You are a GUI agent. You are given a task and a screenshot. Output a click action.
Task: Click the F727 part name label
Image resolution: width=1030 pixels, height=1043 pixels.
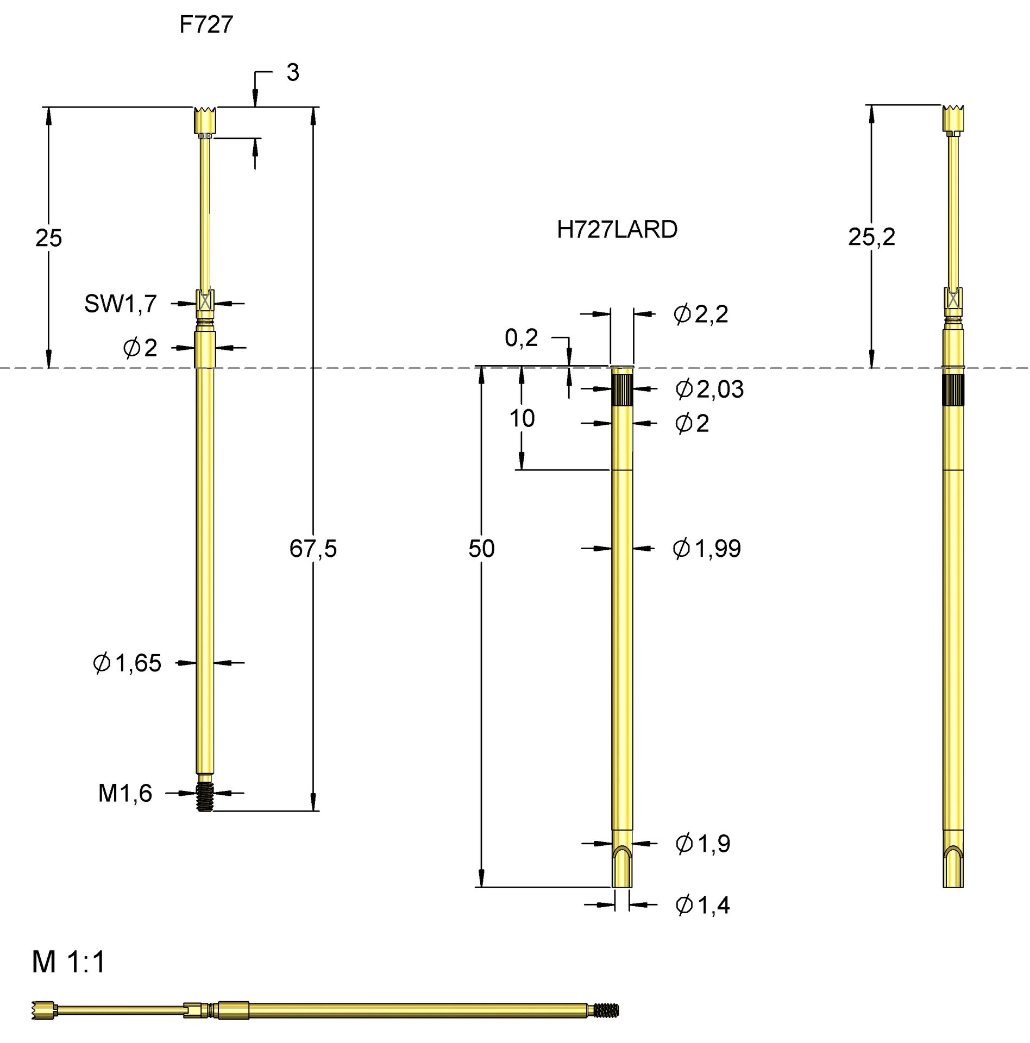tap(206, 25)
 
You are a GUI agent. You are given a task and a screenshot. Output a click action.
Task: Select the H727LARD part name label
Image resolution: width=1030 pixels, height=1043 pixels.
tap(617, 230)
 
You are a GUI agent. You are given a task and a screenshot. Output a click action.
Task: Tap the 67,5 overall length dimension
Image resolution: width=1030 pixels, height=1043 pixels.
tap(313, 549)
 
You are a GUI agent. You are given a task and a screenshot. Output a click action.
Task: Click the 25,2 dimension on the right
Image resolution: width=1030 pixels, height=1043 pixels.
tap(871, 237)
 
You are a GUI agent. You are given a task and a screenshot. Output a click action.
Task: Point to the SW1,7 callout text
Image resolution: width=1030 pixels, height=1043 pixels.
tap(121, 304)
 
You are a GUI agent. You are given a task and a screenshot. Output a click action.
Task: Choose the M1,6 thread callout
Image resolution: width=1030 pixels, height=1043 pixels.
tap(125, 794)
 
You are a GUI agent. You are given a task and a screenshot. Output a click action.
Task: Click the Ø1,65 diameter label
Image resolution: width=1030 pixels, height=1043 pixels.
tap(128, 663)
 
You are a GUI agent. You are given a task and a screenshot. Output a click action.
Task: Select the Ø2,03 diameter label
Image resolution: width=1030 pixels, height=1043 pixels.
tap(709, 389)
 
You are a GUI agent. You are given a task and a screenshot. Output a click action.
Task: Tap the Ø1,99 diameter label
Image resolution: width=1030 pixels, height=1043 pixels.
tap(707, 549)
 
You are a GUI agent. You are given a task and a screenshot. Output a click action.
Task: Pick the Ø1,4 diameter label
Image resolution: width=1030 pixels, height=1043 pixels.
tap(702, 905)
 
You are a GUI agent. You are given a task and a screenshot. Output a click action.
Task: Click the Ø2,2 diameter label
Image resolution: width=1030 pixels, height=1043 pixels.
tap(701, 315)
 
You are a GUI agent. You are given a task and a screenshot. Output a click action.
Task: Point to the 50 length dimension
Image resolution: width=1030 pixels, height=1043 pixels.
tap(481, 549)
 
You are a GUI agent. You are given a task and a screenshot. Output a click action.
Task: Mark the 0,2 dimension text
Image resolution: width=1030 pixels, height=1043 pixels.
tap(521, 338)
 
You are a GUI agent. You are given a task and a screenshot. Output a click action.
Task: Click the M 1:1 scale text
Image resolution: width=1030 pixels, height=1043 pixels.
tap(69, 962)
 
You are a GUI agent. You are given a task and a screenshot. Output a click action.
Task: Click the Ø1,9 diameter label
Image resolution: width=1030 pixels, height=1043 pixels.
tap(703, 844)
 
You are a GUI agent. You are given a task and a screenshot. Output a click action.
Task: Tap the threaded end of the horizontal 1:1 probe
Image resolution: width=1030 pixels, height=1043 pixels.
tap(606, 1010)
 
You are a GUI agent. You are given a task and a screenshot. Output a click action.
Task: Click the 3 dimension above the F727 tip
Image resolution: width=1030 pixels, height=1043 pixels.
tap(293, 73)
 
